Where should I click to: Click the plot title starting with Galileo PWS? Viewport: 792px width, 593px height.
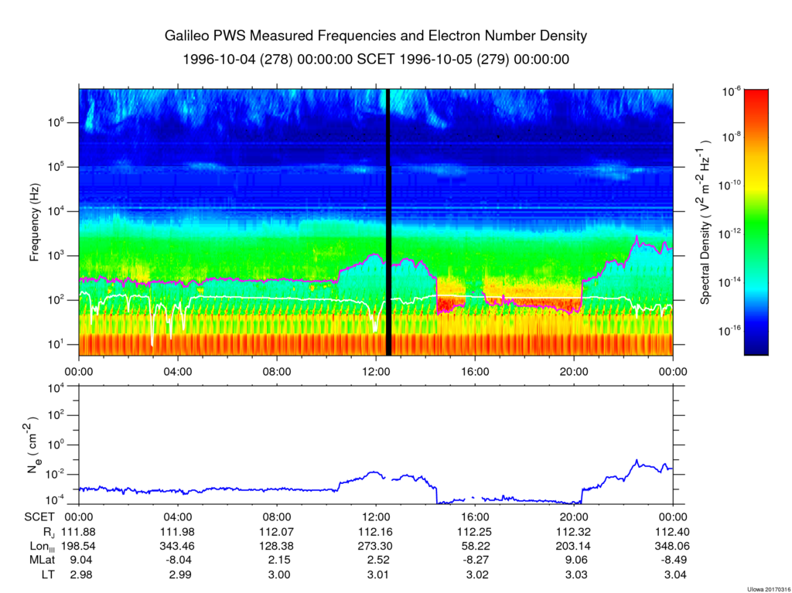pyautogui.click(x=376, y=36)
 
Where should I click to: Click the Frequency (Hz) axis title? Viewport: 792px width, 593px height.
pyautogui.click(x=35, y=222)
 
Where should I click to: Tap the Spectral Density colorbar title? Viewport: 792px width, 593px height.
pyautogui.click(x=705, y=222)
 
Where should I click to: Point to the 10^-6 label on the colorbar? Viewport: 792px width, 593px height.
pyautogui.click(x=732, y=91)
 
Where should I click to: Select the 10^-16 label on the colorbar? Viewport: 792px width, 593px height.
pyautogui.click(x=731, y=331)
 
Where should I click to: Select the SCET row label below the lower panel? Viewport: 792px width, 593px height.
pyautogui.click(x=39, y=517)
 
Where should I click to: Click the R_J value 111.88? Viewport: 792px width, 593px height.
pyautogui.click(x=80, y=532)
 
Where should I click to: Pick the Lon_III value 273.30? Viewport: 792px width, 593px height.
pyautogui.click(x=376, y=546)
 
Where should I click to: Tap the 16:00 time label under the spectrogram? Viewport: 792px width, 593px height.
pyautogui.click(x=474, y=370)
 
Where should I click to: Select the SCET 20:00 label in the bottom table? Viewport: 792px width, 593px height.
pyautogui.click(x=573, y=517)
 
